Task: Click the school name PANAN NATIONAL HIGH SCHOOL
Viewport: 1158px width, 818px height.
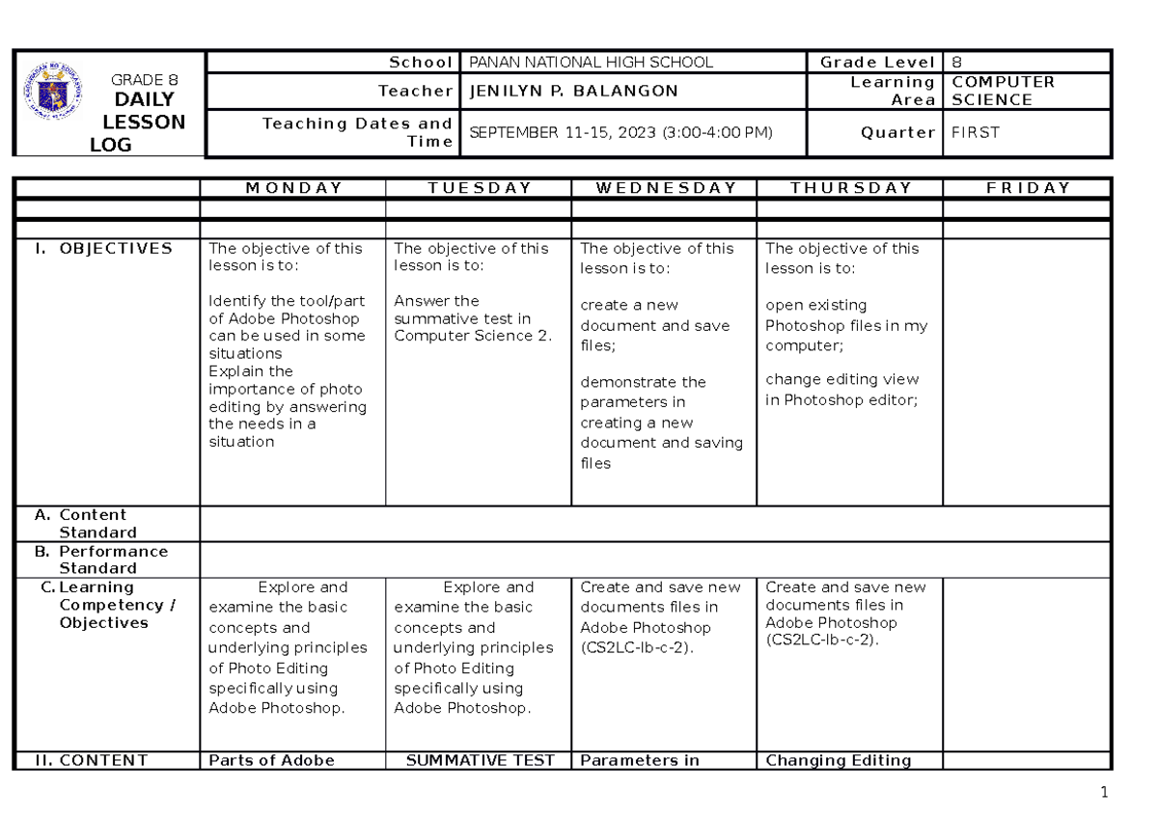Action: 591,63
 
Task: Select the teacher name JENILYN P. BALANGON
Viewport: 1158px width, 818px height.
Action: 573,92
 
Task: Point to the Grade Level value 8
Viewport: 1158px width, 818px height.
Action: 956,63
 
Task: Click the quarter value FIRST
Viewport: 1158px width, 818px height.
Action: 976,133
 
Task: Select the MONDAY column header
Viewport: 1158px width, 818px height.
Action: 292,188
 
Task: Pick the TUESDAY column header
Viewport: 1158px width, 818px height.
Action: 479,188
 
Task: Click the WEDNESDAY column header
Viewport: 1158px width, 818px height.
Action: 664,188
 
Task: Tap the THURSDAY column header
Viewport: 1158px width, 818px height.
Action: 850,188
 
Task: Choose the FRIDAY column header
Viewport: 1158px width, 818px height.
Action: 1028,188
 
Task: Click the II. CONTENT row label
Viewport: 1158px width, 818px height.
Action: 91,760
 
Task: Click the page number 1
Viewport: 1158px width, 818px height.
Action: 1105,794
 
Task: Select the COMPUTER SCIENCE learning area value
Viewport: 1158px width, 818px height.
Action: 1003,92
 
